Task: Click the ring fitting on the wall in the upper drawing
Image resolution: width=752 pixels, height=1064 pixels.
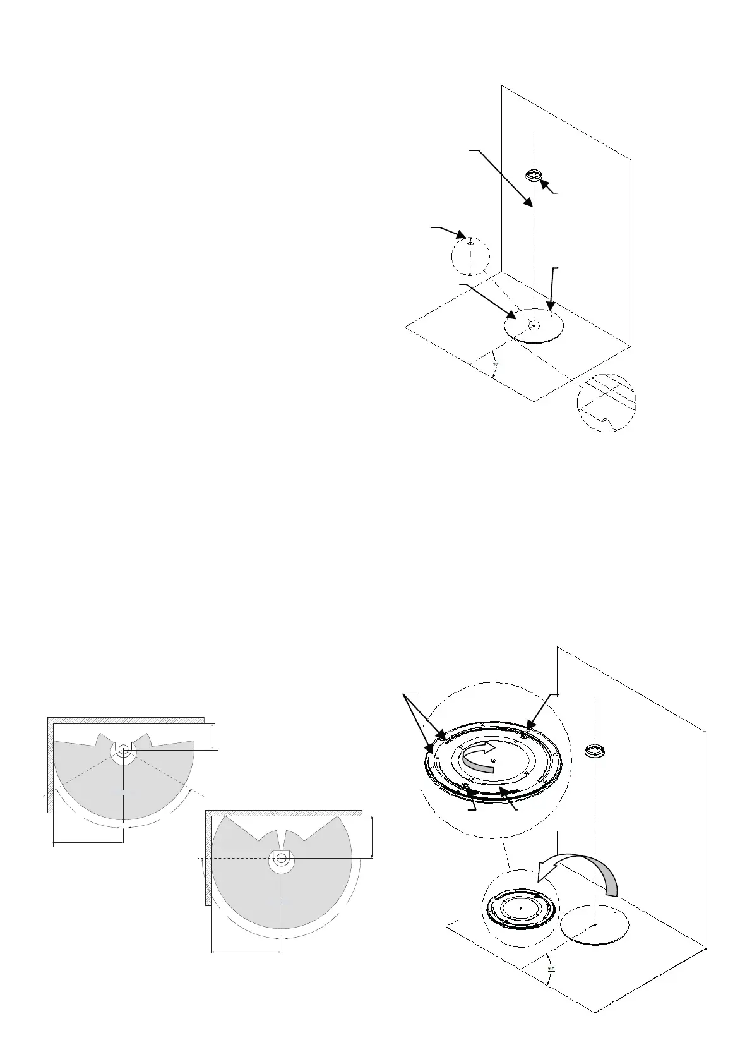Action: pyautogui.click(x=534, y=175)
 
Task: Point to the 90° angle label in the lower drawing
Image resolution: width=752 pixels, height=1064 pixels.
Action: pyautogui.click(x=551, y=986)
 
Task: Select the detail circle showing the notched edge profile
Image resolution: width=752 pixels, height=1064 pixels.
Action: pyautogui.click(x=606, y=402)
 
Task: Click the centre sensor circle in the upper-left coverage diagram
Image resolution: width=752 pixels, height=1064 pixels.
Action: pyautogui.click(x=122, y=749)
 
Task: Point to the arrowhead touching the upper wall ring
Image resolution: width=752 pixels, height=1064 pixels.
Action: pyautogui.click(x=545, y=184)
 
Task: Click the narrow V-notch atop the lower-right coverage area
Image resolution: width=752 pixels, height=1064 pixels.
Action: pyautogui.click(x=282, y=833)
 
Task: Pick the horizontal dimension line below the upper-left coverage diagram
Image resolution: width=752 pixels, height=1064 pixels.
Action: pyautogui.click(x=88, y=842)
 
